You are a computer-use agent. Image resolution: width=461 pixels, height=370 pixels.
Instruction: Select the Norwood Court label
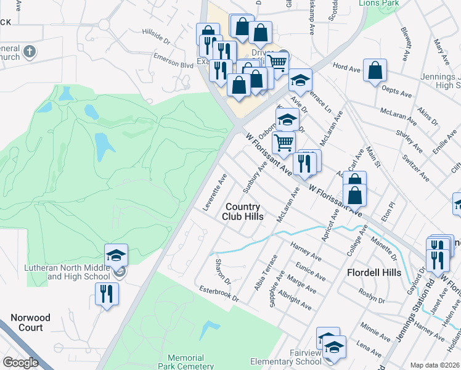30,323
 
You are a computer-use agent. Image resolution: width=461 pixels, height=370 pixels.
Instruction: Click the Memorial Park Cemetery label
186,362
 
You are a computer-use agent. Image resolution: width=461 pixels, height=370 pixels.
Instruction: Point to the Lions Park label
379,2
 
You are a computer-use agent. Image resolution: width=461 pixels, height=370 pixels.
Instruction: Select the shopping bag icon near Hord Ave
375,71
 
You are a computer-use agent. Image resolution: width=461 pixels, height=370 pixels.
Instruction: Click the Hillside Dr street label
155,38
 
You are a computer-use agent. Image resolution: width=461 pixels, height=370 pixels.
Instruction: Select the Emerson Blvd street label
174,62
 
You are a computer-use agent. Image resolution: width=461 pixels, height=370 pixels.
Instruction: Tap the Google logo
21,362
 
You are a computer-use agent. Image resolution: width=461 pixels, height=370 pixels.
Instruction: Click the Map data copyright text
435,365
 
